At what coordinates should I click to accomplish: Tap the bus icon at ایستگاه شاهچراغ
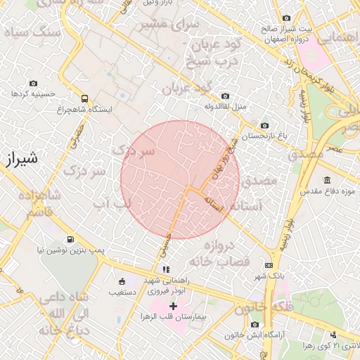click(x=85, y=99)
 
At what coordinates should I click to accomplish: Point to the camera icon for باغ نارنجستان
click(x=264, y=125)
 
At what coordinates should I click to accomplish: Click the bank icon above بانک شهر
click(x=269, y=265)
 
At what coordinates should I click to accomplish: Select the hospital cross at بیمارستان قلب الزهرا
click(x=173, y=307)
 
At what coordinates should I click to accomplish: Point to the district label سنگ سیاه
click(x=27, y=32)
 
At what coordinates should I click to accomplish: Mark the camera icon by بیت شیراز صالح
click(x=285, y=18)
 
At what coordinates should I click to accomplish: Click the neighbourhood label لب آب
click(x=112, y=203)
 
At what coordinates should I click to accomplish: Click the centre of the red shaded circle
click(x=180, y=180)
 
